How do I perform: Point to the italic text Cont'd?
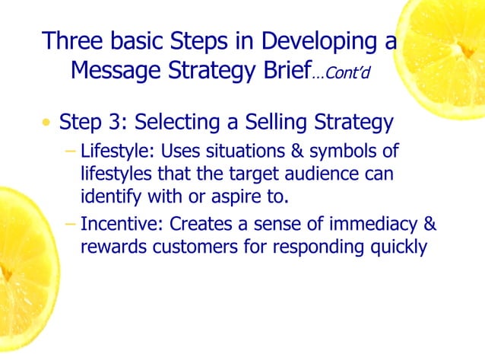coord(350,74)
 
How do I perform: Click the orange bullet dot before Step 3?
coord(48,123)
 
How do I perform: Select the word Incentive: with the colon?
coord(122,225)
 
